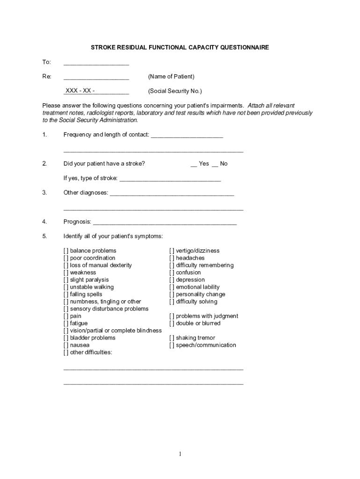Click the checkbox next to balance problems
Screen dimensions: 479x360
(66, 251)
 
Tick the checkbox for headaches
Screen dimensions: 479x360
(172, 258)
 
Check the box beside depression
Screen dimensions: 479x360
(172, 280)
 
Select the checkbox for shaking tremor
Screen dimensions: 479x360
(172, 338)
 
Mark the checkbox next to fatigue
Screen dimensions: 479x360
(66, 323)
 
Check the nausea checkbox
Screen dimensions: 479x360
(66, 345)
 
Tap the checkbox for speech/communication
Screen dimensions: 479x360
(172, 345)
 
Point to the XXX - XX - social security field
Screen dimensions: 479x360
(96, 91)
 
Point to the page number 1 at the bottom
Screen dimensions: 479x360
(180, 454)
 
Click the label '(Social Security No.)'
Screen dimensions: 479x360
(175, 91)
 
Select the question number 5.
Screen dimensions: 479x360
(44, 236)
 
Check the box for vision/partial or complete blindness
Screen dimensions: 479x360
(66, 331)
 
